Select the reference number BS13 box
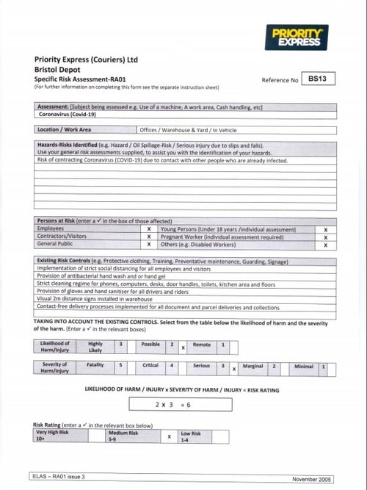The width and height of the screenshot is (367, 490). (316, 78)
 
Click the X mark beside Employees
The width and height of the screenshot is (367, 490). (149, 229)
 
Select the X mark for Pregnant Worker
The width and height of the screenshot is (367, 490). (325, 237)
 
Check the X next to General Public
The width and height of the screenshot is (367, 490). (149, 245)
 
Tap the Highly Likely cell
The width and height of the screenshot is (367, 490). (95, 347)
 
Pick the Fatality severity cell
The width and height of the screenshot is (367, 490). (95, 368)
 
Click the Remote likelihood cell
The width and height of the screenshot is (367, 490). (201, 344)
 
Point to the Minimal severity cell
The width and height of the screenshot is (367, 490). (303, 365)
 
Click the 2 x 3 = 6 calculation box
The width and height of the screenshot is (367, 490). (173, 404)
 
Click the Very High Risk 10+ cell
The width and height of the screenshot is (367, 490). (59, 436)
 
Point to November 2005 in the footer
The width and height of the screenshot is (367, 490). (312, 478)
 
